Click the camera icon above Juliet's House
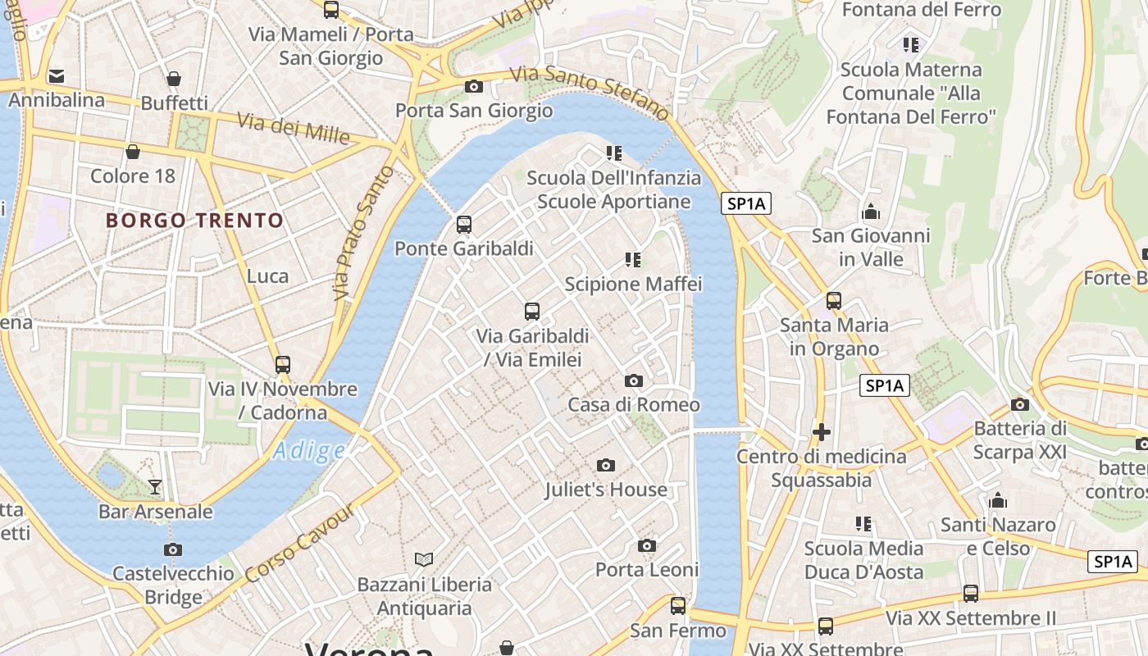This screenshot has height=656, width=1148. (x=606, y=466)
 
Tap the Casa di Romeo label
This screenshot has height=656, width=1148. (x=634, y=404)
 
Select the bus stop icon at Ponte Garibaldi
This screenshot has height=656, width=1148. (x=464, y=225)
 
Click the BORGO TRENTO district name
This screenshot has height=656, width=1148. (x=194, y=221)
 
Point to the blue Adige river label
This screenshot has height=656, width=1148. (x=309, y=450)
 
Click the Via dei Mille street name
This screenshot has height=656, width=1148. (x=294, y=129)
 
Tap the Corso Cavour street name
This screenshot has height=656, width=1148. (x=300, y=544)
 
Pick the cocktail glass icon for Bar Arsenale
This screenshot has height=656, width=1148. (x=155, y=487)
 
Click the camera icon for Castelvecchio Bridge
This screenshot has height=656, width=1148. (x=173, y=549)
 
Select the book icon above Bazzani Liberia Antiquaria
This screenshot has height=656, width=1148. (x=424, y=560)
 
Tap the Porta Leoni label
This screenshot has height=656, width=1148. (x=647, y=569)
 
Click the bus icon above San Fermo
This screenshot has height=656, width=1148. (x=678, y=606)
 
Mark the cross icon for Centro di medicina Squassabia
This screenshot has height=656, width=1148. (x=822, y=431)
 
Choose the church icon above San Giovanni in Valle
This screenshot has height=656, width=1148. (x=871, y=212)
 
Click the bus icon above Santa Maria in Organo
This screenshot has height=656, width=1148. (x=834, y=301)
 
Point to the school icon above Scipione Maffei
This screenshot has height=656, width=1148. (x=633, y=260)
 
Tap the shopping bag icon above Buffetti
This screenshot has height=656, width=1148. (x=174, y=79)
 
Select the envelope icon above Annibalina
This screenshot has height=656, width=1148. (x=57, y=76)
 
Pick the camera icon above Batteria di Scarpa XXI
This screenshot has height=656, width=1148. (x=1020, y=404)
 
